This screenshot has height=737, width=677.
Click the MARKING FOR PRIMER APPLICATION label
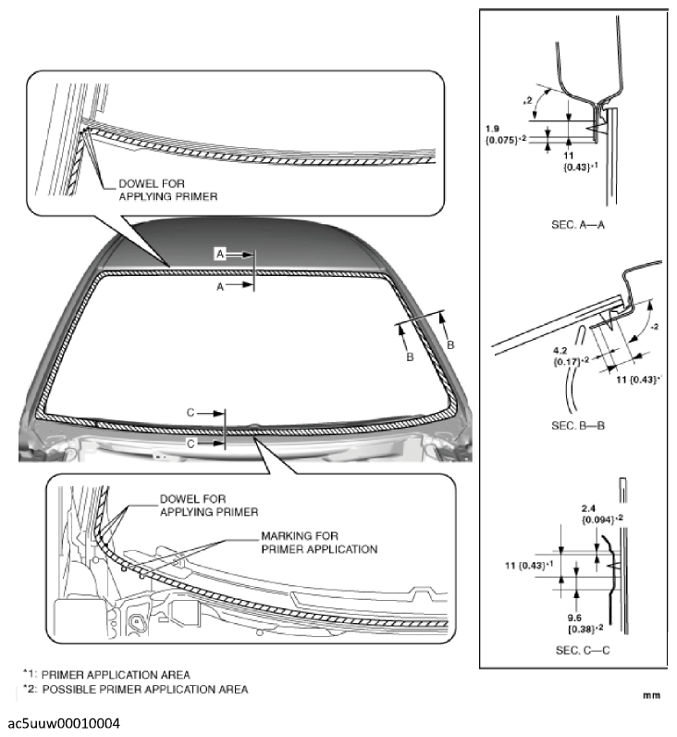click(x=319, y=542)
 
